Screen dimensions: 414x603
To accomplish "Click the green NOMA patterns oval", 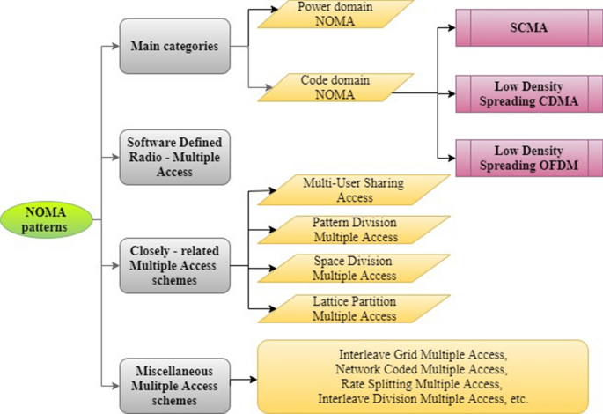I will pyautogui.click(x=45, y=219).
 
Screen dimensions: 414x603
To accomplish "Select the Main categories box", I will pyautogui.click(x=174, y=46).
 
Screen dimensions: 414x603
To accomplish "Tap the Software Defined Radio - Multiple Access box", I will pyautogui.click(x=173, y=157).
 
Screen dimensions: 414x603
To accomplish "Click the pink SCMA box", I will pyautogui.click(x=528, y=28).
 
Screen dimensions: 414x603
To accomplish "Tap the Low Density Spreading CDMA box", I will pyautogui.click(x=528, y=93).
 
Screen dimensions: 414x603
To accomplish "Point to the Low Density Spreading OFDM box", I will pyautogui.click(x=528, y=158).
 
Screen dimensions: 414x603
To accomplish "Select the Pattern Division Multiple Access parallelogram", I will pyautogui.click(x=355, y=230).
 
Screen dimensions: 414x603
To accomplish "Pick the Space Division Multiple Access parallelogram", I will pyautogui.click(x=355, y=269).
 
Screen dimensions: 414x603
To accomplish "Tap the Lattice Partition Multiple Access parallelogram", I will pyautogui.click(x=355, y=308).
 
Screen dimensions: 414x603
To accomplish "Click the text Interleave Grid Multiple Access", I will pyautogui.click(x=423, y=353).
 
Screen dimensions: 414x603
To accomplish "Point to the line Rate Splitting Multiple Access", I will pyautogui.click(x=423, y=384).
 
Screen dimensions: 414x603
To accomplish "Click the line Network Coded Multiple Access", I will pyautogui.click(x=423, y=369).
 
